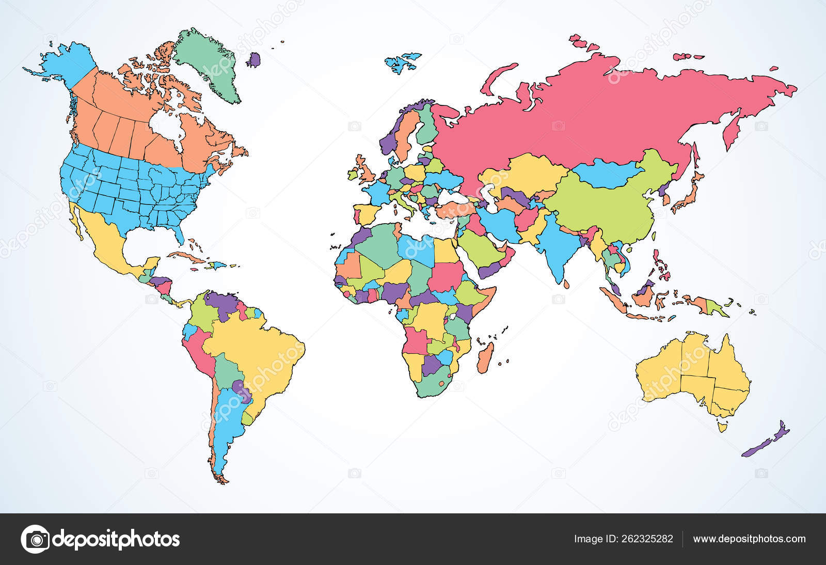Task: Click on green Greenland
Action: tap(209, 62)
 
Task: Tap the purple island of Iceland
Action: tap(253, 60)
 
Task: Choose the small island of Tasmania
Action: tap(722, 427)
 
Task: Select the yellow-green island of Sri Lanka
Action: tap(566, 284)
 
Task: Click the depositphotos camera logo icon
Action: tap(35, 539)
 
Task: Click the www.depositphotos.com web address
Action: tap(749, 539)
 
